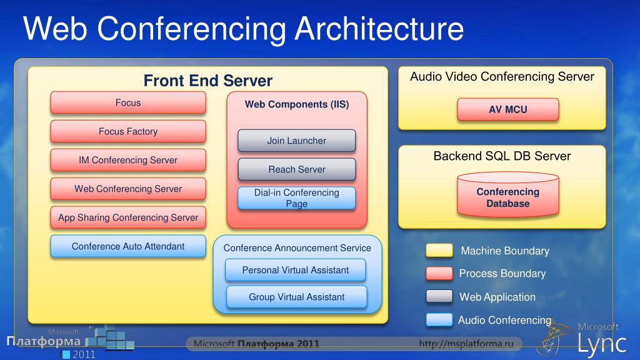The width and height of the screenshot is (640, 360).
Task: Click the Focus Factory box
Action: tap(128, 131)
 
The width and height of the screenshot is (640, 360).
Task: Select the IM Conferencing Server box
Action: tap(128, 160)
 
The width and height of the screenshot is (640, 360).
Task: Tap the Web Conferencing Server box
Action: tap(128, 189)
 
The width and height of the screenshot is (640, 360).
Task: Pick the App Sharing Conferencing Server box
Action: tap(128, 217)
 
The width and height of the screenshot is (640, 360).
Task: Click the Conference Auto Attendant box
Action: tap(128, 246)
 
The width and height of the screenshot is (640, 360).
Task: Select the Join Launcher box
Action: tap(297, 141)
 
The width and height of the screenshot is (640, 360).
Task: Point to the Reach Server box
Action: tap(297, 169)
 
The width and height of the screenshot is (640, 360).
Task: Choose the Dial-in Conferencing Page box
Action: tap(297, 198)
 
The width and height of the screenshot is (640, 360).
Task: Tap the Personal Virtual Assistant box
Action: tap(296, 270)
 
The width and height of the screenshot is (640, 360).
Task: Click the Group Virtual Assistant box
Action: tap(296, 297)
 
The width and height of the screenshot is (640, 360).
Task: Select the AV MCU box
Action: tap(508, 109)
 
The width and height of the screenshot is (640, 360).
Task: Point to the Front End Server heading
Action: tap(208, 81)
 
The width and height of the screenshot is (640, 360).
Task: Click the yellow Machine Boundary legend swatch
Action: tap(439, 251)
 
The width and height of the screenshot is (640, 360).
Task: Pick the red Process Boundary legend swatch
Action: tap(439, 273)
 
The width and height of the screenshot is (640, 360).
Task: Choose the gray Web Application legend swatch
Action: tap(439, 296)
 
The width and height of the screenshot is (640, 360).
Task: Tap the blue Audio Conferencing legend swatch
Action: tap(439, 320)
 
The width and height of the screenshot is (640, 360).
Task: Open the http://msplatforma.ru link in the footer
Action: tap(466, 343)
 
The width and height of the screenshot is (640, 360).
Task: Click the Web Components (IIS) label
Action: tap(297, 104)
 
